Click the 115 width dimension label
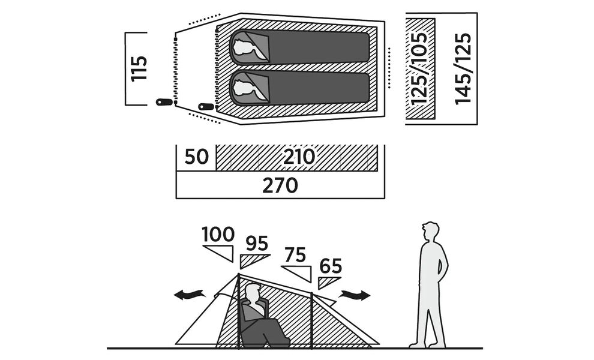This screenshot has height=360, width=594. [138, 68]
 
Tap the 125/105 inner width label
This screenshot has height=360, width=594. [420, 68]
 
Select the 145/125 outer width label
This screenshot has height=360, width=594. [463, 68]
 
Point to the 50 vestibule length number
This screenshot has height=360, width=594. [196, 157]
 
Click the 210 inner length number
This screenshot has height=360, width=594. [299, 157]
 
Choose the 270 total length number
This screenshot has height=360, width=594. [280, 185]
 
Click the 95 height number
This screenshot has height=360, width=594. [257, 244]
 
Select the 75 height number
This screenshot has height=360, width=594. [295, 255]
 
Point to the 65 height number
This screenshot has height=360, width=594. [331, 266]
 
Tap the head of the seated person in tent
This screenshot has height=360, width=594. [253, 293]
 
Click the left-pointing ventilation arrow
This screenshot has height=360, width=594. [190, 295]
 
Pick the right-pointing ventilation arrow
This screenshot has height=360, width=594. [354, 295]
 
